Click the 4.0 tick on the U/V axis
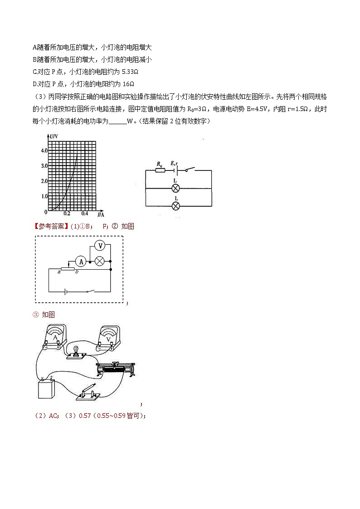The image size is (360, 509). tap(44, 150)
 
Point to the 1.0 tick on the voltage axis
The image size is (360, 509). tap(44, 196)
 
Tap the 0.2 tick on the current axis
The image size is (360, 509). tap(67, 213)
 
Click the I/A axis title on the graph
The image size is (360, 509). tap(101, 214)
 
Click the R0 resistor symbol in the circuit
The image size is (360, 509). tap(160, 170)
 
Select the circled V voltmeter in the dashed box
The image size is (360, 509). tap(101, 246)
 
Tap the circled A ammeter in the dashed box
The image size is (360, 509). tap(81, 262)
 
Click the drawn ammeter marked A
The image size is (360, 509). tap(55, 338)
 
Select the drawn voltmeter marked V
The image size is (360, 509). tap(108, 339)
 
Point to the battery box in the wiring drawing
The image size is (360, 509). tap(46, 388)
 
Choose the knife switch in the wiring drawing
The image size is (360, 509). tap(89, 391)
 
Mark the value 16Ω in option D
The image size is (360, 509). tap(129, 84)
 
